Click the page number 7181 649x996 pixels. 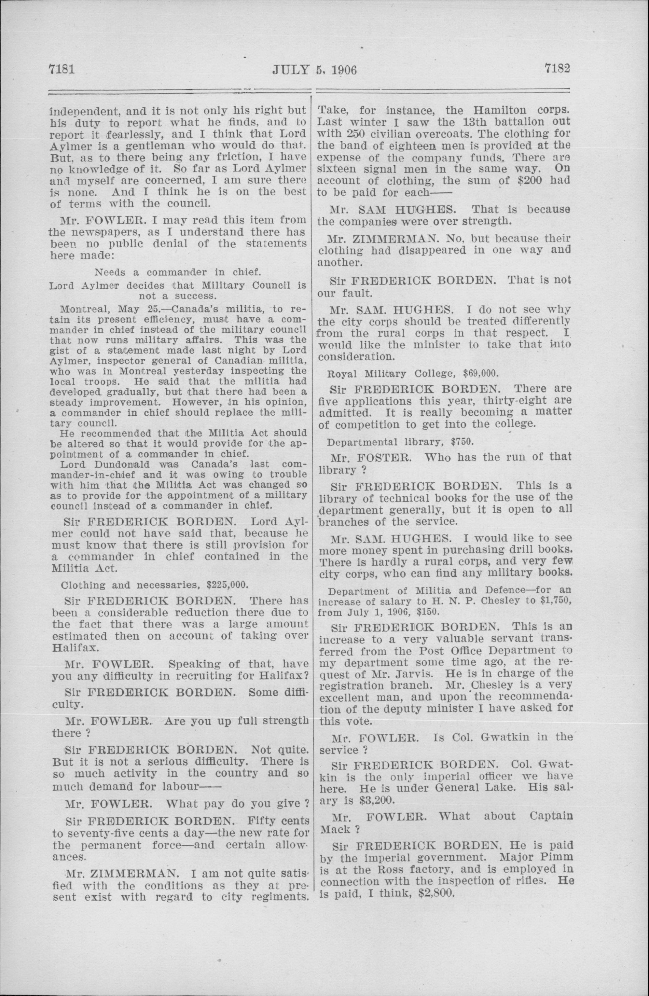coord(62,69)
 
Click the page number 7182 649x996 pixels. coord(558,68)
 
